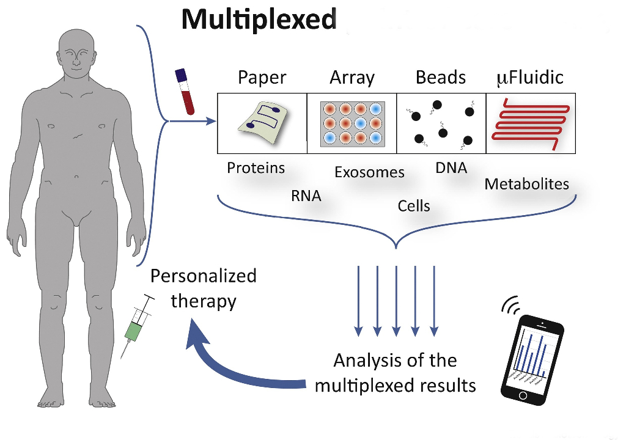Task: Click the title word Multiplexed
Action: pos(259,20)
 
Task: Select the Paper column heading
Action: pos(262,78)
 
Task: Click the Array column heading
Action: pos(352,78)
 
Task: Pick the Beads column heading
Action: pos(441,78)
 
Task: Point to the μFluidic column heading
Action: pos(529,78)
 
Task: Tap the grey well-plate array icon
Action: pos(352,124)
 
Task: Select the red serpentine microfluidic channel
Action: pos(531,125)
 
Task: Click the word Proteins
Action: pos(256,167)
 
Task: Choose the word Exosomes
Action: pos(369,172)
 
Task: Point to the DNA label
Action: pos(451,168)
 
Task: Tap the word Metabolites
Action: pos(526,183)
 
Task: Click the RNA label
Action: pos(306,196)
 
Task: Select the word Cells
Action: pos(414,206)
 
